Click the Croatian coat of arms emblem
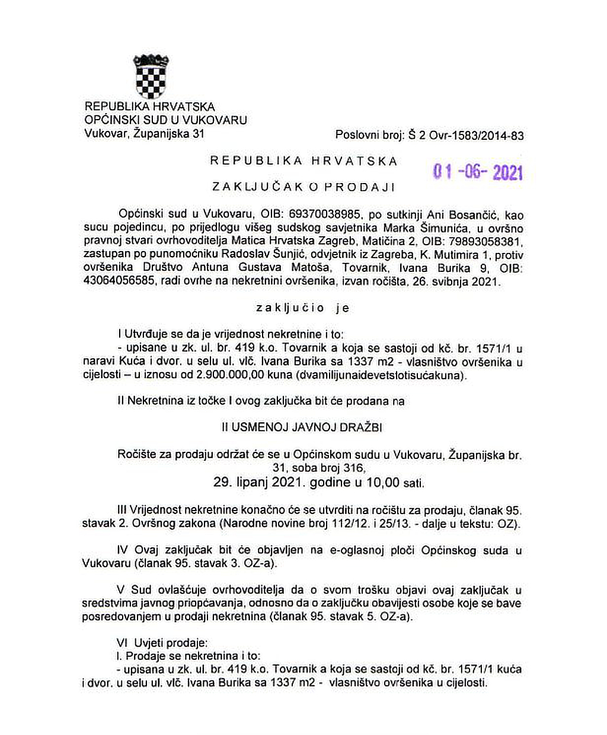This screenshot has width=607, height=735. click(x=152, y=76)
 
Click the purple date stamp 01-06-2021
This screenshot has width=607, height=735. click(x=478, y=172)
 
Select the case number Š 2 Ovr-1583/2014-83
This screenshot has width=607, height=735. click(x=466, y=136)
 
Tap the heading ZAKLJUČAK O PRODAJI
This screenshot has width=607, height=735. click(x=303, y=187)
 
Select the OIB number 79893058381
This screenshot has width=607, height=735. click(x=487, y=242)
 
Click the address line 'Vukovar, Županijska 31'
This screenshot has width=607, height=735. click(x=144, y=133)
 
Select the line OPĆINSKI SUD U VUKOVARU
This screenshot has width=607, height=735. click(x=166, y=120)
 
